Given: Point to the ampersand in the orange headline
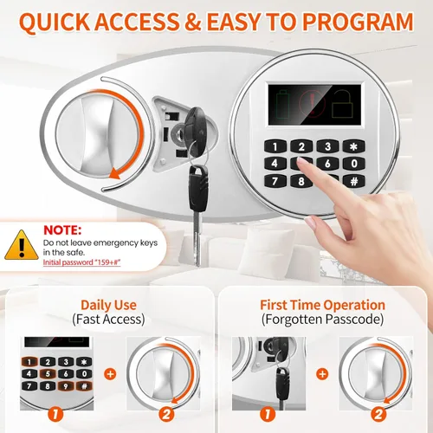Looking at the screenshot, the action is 192,22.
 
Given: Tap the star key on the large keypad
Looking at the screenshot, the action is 354,146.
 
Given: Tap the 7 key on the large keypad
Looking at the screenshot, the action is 275,181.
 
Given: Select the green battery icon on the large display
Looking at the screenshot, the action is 282,104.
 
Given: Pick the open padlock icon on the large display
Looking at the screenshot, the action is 343,104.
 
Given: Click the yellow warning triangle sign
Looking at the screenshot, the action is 22,245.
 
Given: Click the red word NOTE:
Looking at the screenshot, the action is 62,230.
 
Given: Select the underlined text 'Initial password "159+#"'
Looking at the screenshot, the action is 81,262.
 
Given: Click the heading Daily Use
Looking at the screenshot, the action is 108,305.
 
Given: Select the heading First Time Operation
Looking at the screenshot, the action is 322,305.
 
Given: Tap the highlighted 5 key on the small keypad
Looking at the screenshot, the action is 48,374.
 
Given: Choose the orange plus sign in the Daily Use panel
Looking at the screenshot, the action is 110,374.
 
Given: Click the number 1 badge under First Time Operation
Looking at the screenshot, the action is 268,415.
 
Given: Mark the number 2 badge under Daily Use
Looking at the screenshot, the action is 166,415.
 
